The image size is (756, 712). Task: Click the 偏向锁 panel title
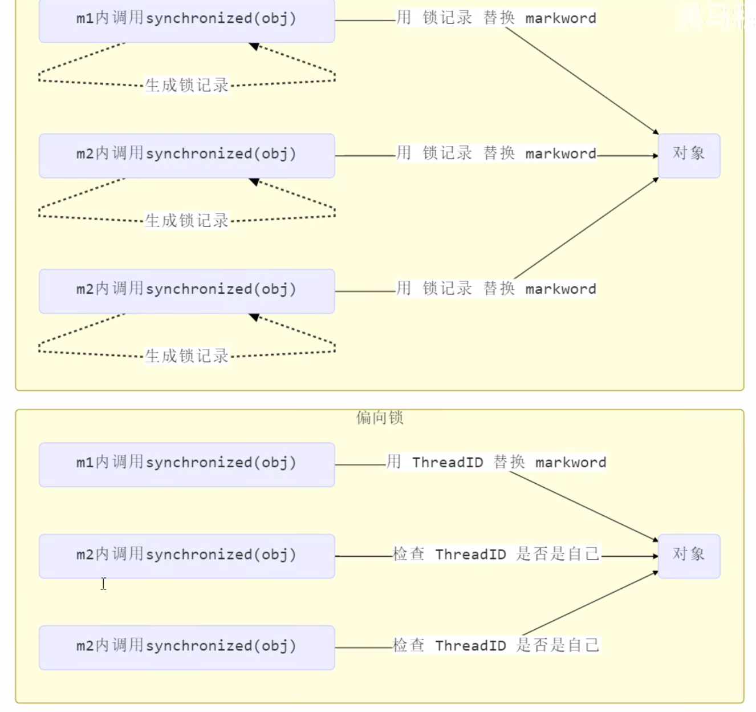pos(380,418)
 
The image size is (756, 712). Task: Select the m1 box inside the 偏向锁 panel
pos(186,464)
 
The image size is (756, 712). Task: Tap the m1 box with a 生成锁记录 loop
pos(186,20)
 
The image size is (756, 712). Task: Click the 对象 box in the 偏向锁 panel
pos(689,556)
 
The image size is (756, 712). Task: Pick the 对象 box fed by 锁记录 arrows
pos(689,155)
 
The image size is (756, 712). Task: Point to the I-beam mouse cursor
pos(103,583)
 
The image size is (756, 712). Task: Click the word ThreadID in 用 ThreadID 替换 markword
pos(448,462)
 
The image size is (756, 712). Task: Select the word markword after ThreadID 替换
pos(570,462)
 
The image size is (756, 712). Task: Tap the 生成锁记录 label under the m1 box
pos(186,85)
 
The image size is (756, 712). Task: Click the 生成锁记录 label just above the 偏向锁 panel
pos(186,356)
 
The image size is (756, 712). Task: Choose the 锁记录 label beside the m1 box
pos(448,18)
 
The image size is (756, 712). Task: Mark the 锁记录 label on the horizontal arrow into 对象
pos(448,153)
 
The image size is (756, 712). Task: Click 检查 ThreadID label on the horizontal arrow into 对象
pos(496,554)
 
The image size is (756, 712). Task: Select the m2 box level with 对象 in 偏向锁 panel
pos(186,556)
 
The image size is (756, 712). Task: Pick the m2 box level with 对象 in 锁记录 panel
pos(186,155)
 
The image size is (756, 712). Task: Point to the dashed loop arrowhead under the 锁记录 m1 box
pos(254,46)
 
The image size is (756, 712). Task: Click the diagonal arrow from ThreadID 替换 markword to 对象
pos(582,506)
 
